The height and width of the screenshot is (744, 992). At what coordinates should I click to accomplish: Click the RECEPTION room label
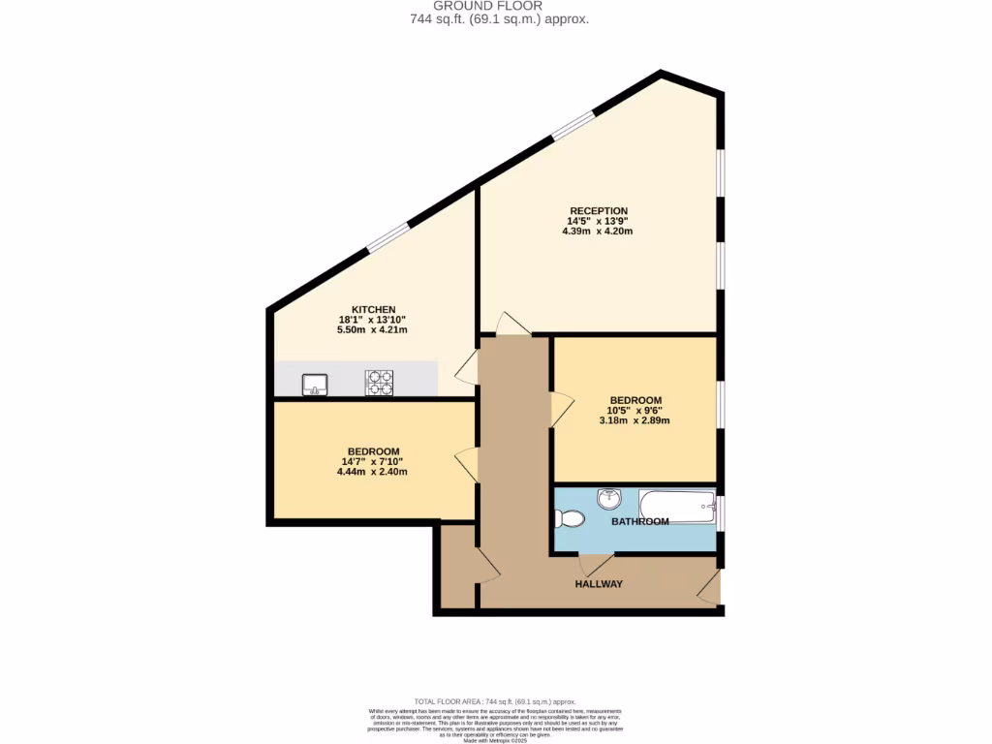pyautogui.click(x=599, y=210)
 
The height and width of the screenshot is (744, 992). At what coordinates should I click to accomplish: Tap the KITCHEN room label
pyautogui.click(x=373, y=309)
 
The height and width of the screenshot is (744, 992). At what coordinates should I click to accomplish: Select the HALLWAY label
pyautogui.click(x=599, y=584)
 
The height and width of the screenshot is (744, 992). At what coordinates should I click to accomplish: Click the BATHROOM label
pyautogui.click(x=639, y=521)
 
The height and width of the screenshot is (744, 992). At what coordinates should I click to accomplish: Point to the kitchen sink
pyautogui.click(x=314, y=385)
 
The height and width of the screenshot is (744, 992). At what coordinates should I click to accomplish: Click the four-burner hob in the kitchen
pyautogui.click(x=379, y=384)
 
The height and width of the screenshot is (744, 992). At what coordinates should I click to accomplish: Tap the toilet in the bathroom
pyautogui.click(x=570, y=519)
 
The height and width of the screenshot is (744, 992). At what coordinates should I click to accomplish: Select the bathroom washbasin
pyautogui.click(x=609, y=499)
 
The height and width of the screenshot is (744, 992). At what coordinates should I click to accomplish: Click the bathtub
pyautogui.click(x=677, y=505)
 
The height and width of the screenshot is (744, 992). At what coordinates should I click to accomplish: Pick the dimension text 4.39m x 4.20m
pyautogui.click(x=599, y=232)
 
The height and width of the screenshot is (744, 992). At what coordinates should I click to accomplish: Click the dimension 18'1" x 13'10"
pyautogui.click(x=373, y=320)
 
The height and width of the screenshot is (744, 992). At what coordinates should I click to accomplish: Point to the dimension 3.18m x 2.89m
pyautogui.click(x=635, y=421)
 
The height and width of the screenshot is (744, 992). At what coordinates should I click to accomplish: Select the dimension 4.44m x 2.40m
pyautogui.click(x=373, y=472)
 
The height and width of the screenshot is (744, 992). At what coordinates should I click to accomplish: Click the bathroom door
pyautogui.click(x=594, y=564)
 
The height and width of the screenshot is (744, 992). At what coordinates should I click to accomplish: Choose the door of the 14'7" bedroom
pyautogui.click(x=467, y=464)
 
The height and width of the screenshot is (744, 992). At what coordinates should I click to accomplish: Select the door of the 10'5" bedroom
pyautogui.click(x=561, y=408)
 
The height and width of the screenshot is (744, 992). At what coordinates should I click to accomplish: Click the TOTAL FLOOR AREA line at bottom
pyautogui.click(x=495, y=701)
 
